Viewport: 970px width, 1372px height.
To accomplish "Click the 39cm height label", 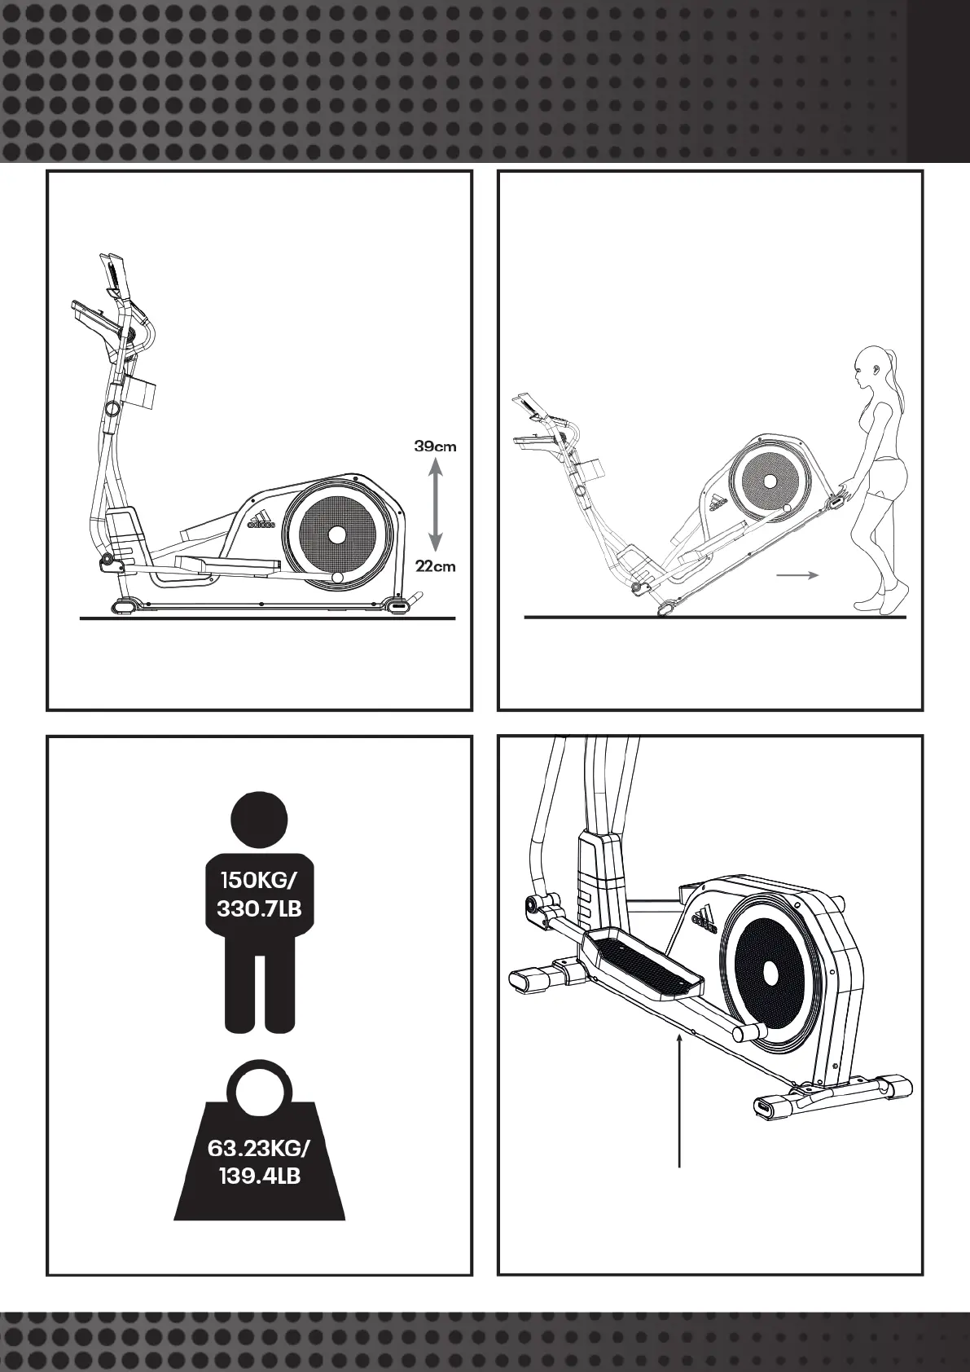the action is (435, 446).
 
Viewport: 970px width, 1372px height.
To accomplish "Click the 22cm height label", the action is (435, 566).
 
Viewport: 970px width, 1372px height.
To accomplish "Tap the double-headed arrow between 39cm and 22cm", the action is (435, 506).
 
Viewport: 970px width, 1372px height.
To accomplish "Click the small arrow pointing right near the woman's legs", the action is (797, 575).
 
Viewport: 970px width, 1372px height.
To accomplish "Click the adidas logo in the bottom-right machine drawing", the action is (704, 917).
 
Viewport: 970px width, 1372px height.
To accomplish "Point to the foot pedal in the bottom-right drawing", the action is (643, 966).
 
